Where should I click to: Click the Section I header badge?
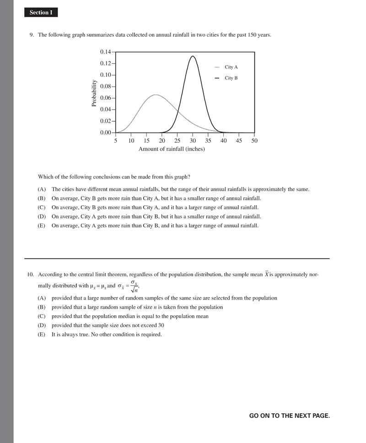click(41, 12)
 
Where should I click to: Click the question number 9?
click(32, 35)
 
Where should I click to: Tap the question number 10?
click(30, 275)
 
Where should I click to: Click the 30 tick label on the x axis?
click(193, 141)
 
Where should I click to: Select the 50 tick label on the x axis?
click(254, 141)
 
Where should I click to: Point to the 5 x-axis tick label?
click(116, 141)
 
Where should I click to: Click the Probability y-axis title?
click(94, 93)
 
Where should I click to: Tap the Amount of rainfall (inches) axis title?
click(172, 149)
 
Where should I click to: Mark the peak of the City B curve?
click(193, 56)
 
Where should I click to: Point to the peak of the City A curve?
click(156, 95)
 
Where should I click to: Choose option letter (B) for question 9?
click(42, 198)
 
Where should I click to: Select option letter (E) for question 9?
click(42, 226)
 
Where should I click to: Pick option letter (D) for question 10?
click(42, 325)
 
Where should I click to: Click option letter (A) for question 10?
click(42, 298)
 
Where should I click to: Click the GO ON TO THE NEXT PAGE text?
click(289, 416)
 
